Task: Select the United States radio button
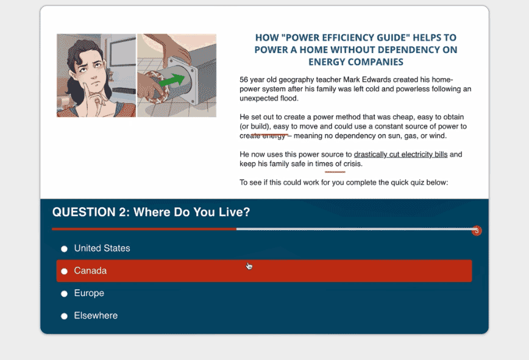pyautogui.click(x=64, y=249)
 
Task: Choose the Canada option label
pyautogui.click(x=90, y=270)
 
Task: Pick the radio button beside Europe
pyautogui.click(x=64, y=294)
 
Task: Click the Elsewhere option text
pyautogui.click(x=96, y=316)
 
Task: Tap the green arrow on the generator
pyautogui.click(x=172, y=81)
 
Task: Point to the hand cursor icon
pyautogui.click(x=249, y=266)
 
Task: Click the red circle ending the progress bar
pyautogui.click(x=477, y=231)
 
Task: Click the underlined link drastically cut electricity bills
pyautogui.click(x=400, y=154)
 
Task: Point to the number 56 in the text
pyautogui.click(x=244, y=80)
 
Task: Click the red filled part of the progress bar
pyautogui.click(x=144, y=229)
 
